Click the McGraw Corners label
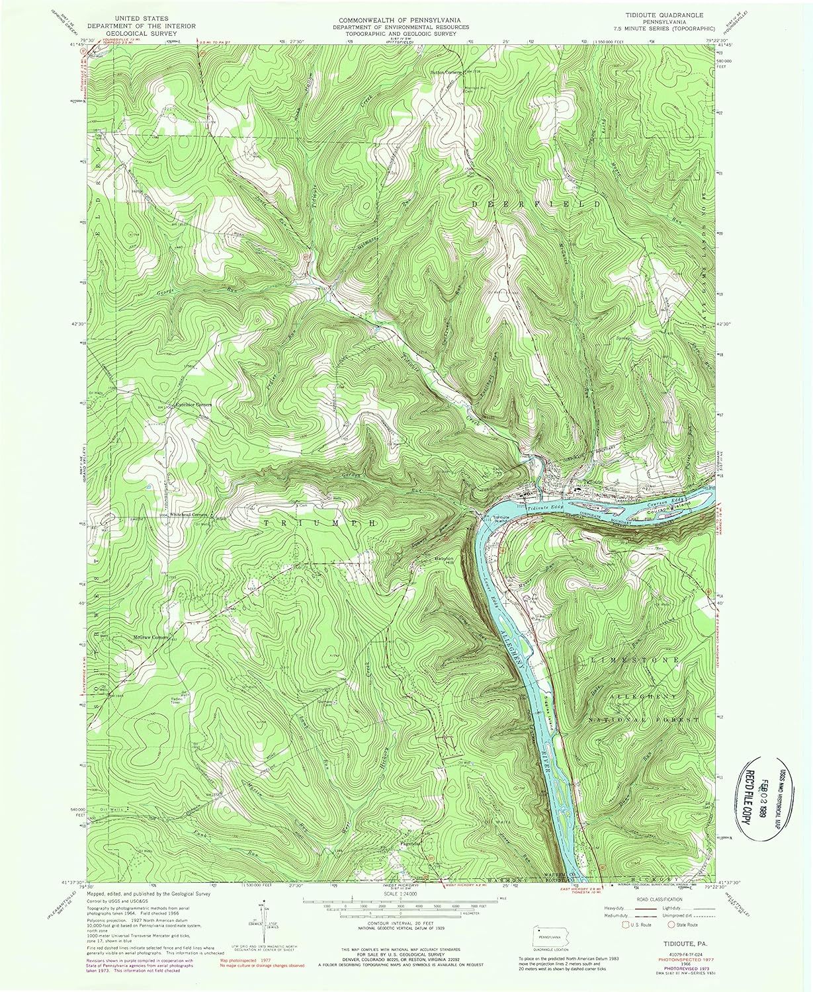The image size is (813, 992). tap(150, 638)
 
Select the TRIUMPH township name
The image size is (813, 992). tap(320, 522)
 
